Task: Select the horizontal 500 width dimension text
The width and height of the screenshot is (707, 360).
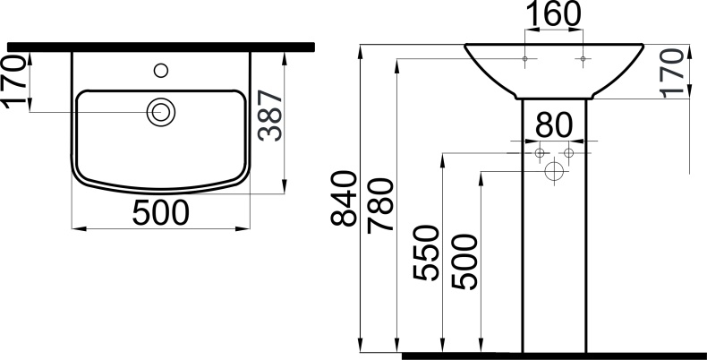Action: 161,213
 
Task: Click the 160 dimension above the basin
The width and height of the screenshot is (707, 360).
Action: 553,15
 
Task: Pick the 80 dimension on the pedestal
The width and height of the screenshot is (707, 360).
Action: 553,124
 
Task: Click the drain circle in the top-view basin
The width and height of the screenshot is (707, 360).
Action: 162,112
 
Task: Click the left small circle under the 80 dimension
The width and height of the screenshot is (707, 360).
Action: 540,154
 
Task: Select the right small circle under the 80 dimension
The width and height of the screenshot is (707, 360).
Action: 568,154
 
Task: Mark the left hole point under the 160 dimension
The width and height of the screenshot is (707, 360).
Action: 524,59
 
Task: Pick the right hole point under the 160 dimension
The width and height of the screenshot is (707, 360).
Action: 583,59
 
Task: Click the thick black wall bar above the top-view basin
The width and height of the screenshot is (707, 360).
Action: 161,46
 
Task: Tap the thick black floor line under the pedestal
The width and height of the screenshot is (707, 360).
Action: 554,355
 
